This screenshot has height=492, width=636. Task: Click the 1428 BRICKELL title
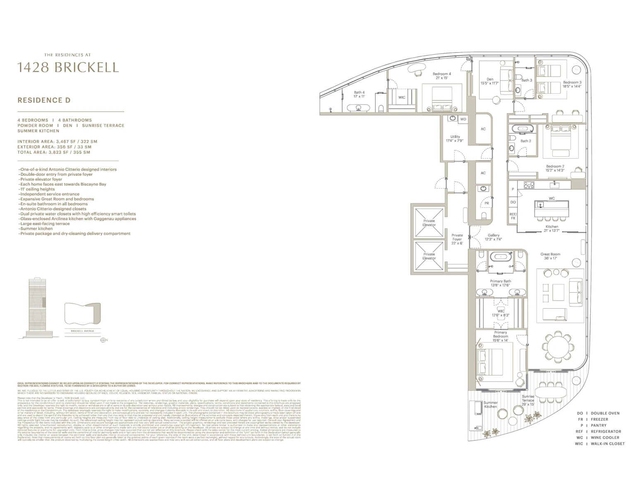(68, 67)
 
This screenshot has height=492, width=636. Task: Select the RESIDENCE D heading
(44, 100)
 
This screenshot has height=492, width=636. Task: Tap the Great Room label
(550, 256)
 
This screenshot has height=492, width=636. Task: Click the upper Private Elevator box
(429, 223)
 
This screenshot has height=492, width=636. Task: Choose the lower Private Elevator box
(429, 256)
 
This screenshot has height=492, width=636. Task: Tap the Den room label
(490, 81)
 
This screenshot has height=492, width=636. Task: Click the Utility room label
(455, 138)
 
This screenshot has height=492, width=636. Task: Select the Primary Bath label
(500, 283)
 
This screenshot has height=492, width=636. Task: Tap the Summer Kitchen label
(491, 405)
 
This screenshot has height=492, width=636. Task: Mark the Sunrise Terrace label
(528, 400)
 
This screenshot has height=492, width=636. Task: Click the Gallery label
(494, 237)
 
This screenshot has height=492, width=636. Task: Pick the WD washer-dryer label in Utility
(463, 119)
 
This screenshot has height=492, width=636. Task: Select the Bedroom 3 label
(572, 84)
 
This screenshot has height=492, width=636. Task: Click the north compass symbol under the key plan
(104, 340)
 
